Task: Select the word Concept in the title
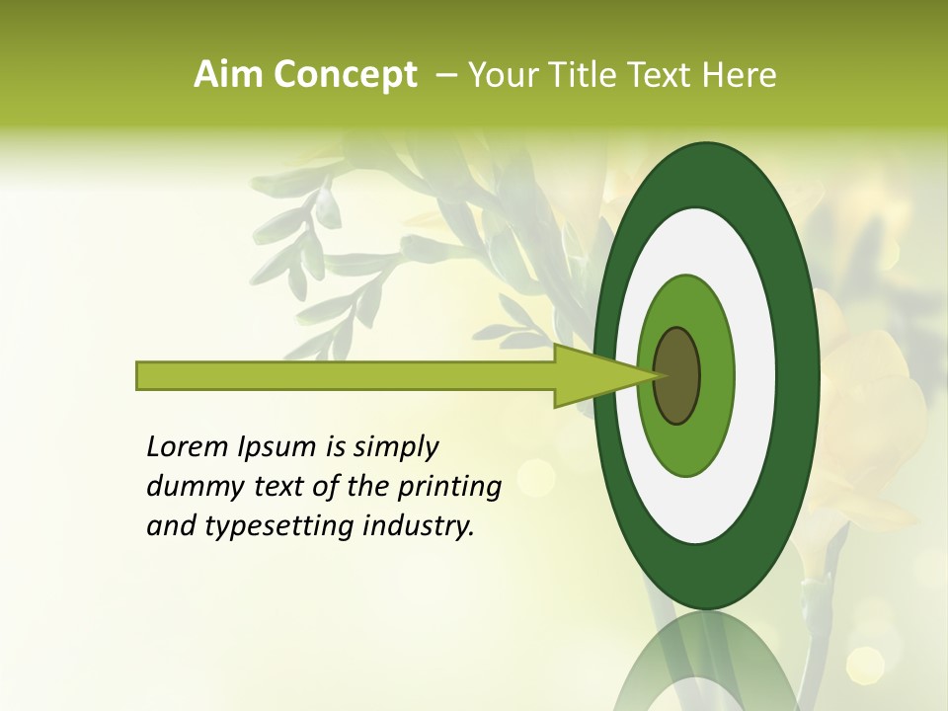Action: coord(345,75)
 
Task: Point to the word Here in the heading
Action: coord(740,75)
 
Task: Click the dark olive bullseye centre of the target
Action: coord(677,375)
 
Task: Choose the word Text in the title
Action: coord(665,75)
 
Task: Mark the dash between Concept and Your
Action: coord(446,75)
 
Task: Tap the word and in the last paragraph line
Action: coord(171,527)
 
